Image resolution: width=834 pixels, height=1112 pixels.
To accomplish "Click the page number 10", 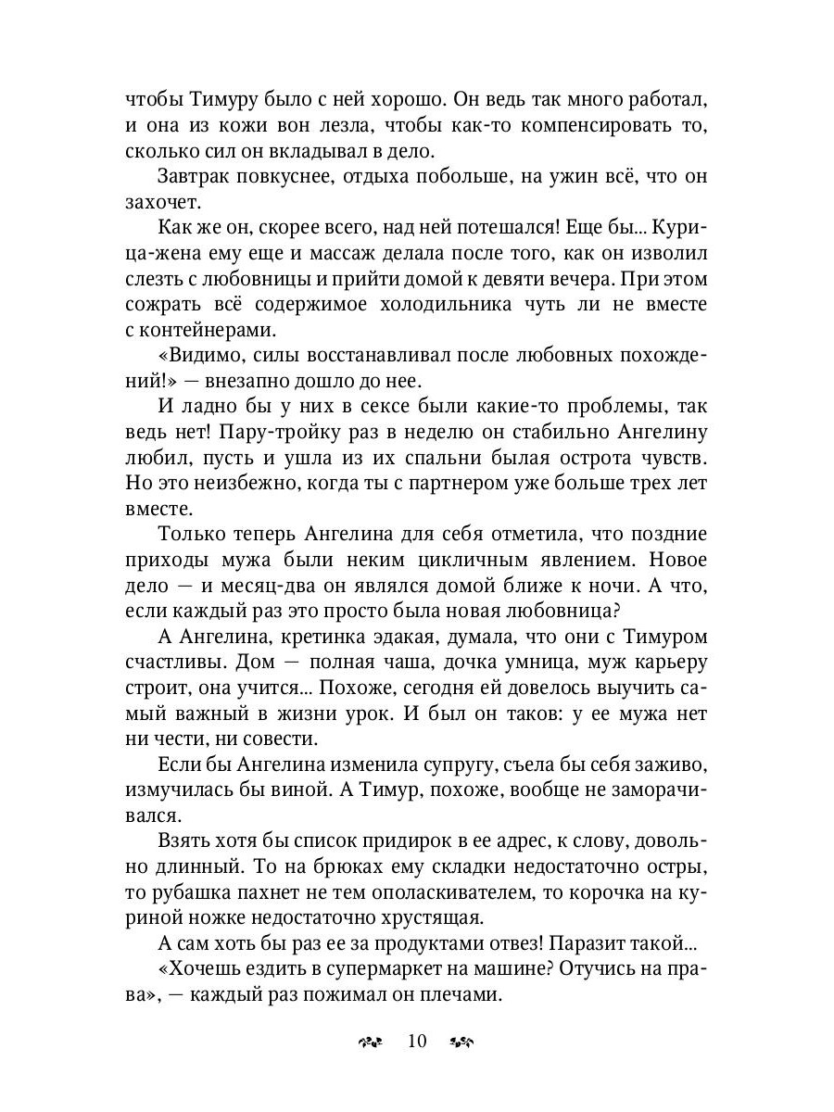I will pos(416,1041).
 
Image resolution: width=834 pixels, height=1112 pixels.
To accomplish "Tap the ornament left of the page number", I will pos(370,1042).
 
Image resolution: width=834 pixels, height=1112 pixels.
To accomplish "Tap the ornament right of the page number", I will pos(462,1042).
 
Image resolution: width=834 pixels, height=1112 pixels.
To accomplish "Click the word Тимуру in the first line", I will pos(208,100).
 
